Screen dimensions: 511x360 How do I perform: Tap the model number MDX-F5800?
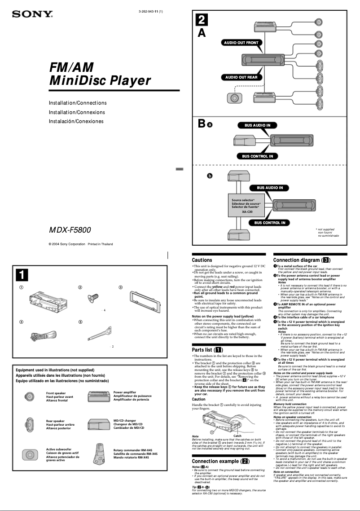70,230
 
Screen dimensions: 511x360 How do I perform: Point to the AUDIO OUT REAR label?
241,77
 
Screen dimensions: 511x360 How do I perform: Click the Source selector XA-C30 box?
243,205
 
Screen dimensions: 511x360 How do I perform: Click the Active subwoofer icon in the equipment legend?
29,454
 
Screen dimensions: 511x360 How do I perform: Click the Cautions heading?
202,260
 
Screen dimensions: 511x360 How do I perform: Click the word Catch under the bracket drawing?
238,436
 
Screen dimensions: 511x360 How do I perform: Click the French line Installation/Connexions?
77,112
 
